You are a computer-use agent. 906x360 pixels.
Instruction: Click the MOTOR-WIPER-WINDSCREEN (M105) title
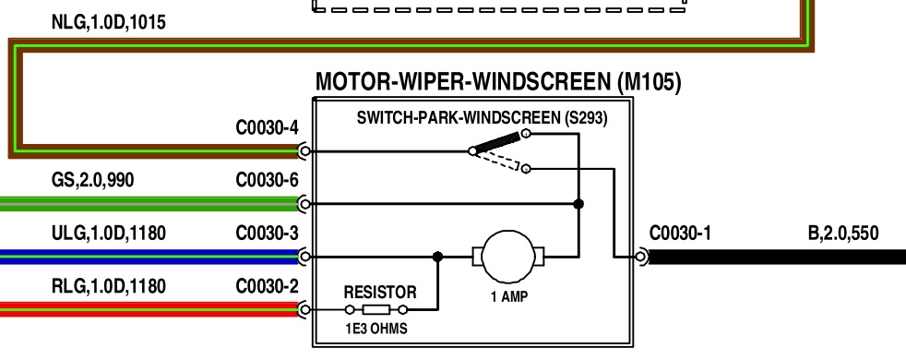[498, 82]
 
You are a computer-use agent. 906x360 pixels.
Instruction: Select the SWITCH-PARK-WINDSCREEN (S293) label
[482, 118]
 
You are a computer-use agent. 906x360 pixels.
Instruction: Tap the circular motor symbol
[508, 257]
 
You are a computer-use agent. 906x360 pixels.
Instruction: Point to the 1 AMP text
[509, 297]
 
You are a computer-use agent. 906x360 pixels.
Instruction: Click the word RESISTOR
[379, 292]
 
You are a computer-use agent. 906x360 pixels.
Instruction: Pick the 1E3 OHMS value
[376, 329]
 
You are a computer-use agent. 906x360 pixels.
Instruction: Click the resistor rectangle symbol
[376, 310]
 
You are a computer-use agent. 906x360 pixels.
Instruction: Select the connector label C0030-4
[267, 127]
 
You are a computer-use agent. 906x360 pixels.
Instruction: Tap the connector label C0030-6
[267, 181]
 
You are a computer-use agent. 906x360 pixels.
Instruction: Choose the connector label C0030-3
[267, 234]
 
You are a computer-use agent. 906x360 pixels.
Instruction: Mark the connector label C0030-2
[267, 286]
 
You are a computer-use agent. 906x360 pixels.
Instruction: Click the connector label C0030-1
[680, 234]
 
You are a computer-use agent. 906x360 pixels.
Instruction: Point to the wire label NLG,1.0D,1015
[109, 22]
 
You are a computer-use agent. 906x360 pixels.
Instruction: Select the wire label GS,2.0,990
[92, 181]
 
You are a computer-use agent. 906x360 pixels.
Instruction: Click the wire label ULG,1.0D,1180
[109, 234]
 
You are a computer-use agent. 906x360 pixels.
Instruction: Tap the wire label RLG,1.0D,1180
[109, 286]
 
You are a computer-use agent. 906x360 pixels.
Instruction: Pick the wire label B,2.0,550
[843, 234]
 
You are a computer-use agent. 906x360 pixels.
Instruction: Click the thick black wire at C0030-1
[777, 257]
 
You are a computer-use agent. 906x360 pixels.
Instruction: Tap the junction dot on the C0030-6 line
[578, 203]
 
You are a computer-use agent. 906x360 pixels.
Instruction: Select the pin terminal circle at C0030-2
[305, 310]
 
